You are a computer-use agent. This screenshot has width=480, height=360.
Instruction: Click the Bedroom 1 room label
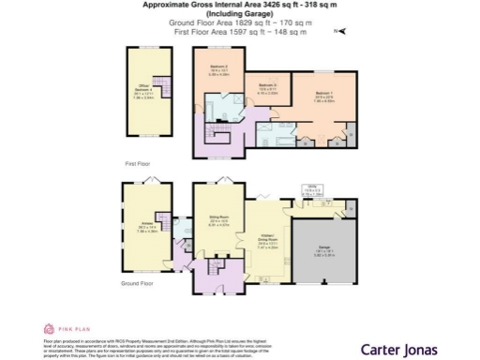[x=323, y=95]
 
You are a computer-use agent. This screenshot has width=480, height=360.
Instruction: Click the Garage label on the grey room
[x=322, y=254]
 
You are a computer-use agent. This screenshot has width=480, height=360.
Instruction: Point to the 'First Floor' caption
[x=137, y=163]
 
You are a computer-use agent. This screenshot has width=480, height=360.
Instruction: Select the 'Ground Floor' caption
[x=139, y=299]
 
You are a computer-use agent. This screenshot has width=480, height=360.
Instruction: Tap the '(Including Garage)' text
[x=240, y=14]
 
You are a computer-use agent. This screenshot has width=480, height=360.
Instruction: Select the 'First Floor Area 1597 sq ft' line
[x=240, y=33]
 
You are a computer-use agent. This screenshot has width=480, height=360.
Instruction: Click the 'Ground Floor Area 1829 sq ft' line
[x=240, y=23]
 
